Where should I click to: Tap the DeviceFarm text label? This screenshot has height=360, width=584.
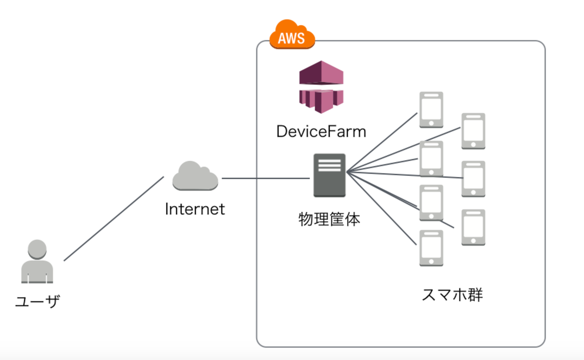[321, 132]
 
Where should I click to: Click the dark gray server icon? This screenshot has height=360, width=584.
[329, 175]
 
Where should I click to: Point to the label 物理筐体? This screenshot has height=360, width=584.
[329, 220]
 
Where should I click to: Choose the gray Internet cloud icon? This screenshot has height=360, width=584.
[195, 176]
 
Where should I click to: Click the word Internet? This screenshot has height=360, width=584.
[195, 209]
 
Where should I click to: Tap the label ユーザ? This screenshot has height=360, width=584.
[37, 301]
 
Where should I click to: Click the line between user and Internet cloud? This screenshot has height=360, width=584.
[114, 219]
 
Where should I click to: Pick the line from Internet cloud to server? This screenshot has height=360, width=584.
[266, 178]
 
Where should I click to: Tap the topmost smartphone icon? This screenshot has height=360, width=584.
[431, 110]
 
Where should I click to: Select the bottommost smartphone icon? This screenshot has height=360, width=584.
[431, 248]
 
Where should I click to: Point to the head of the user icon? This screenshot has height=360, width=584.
[37, 248]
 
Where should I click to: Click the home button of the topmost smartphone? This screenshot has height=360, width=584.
[431, 123]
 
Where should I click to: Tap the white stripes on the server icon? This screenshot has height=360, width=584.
[329, 164]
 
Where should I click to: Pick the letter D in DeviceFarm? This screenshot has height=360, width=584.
[282, 132]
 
